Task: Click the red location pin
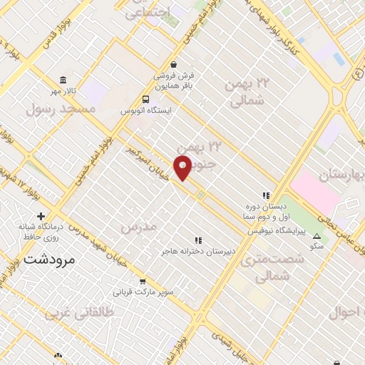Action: (x=185, y=167)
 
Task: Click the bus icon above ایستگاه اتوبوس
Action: (x=146, y=99)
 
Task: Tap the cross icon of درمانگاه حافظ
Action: (x=41, y=216)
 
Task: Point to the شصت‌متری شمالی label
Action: (x=273, y=267)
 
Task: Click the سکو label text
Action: (x=317, y=246)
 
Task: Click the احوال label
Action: (x=347, y=312)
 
